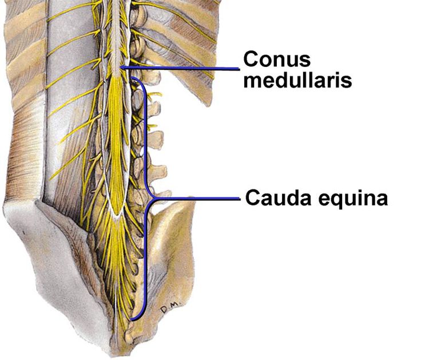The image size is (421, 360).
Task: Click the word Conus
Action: (277, 59)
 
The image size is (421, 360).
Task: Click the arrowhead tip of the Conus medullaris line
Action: (120, 67)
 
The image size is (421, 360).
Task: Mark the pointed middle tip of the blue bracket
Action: (154, 199)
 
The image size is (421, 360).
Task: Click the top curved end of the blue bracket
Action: (132, 78)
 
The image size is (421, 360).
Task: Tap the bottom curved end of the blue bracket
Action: (132, 320)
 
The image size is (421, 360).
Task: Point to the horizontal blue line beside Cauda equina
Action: (197, 199)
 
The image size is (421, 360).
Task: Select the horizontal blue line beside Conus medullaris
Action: (180, 68)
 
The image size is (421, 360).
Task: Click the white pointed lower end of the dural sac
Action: (117, 215)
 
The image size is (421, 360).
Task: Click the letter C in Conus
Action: (250, 59)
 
